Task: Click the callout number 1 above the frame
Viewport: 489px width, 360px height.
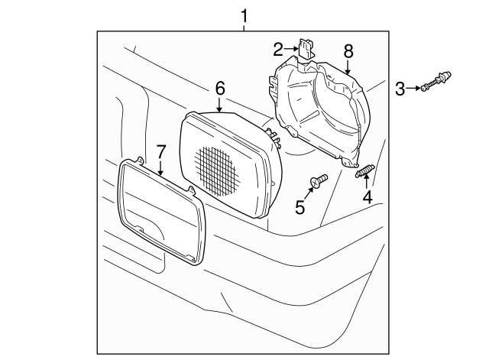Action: click(244, 16)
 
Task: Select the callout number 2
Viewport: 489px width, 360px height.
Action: click(278, 49)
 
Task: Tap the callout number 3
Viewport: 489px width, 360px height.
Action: click(400, 89)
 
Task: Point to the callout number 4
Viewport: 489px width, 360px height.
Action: click(368, 197)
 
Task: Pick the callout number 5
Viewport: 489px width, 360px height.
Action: click(300, 207)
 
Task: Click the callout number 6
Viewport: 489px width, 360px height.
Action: click(220, 89)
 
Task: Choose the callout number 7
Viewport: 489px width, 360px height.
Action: click(160, 152)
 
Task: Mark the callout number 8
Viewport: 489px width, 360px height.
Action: click(348, 51)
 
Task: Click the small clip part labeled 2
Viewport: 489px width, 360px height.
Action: click(306, 48)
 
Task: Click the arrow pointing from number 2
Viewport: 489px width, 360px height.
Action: click(292, 48)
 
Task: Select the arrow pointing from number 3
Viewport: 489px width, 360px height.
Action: click(413, 89)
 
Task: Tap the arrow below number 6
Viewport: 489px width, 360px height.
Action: click(219, 105)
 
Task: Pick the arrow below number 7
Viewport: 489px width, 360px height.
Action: click(160, 167)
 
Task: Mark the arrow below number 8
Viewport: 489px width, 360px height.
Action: click(348, 66)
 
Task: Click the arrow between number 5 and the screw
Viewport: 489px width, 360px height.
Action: click(308, 193)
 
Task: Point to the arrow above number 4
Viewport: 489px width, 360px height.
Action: click(367, 182)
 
